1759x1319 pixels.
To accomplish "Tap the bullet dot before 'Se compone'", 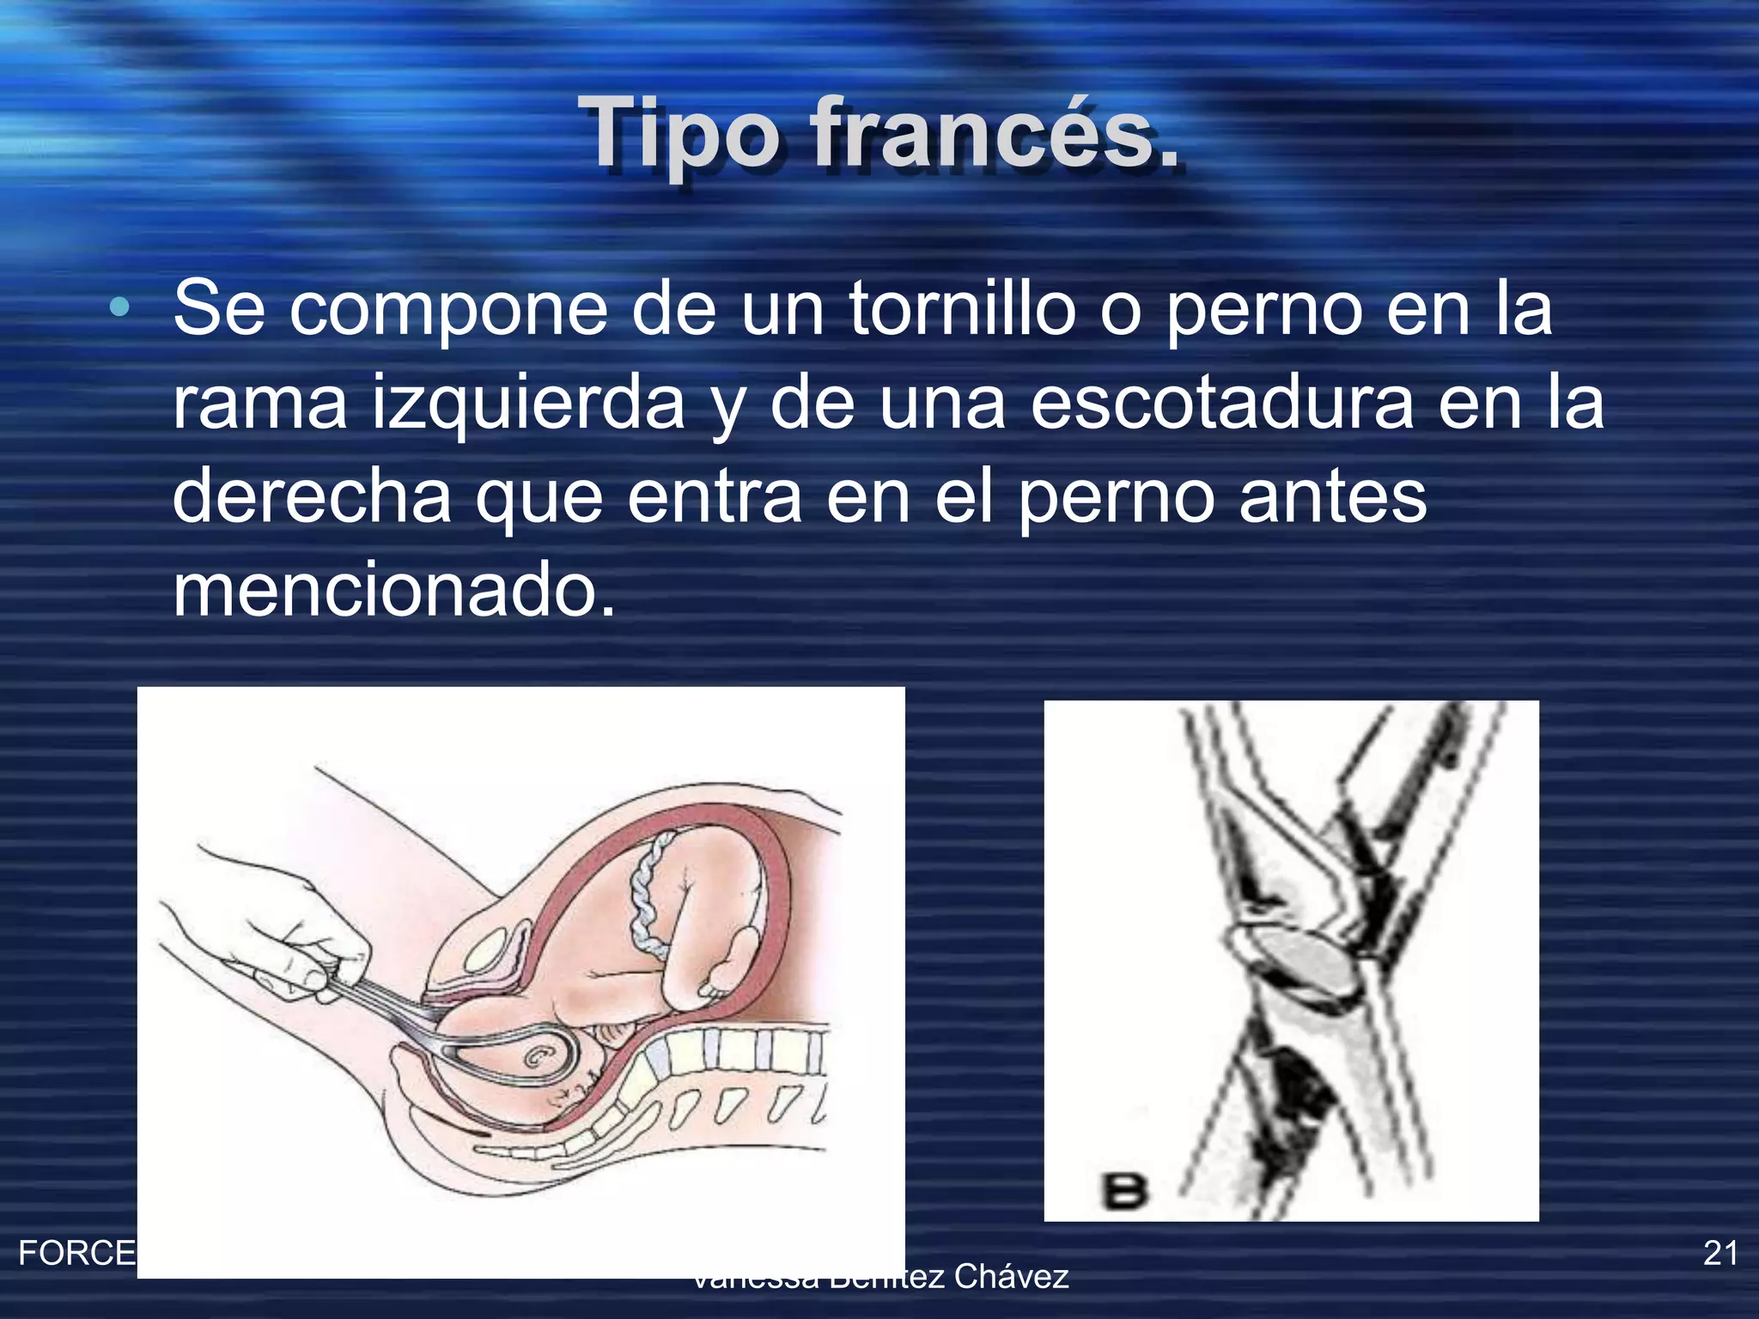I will (119, 307).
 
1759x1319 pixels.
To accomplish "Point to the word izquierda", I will (527, 403).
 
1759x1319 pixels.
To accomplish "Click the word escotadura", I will (1220, 403).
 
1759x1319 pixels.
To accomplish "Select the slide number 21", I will (1720, 1253).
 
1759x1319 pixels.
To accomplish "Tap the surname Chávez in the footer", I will (1011, 1277).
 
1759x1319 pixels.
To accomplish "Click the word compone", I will (447, 308).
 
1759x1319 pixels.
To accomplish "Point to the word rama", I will (259, 403).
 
